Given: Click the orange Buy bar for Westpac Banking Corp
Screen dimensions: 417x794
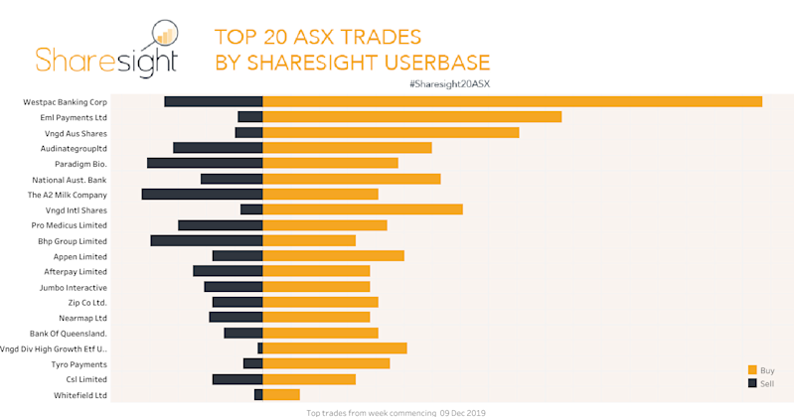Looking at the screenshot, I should point(512,101).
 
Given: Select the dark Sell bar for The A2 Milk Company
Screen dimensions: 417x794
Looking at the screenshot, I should point(202,195).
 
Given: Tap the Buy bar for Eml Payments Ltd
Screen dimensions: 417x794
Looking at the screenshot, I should point(411,117).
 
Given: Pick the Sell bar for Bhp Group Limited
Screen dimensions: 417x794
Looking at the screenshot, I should point(207,240).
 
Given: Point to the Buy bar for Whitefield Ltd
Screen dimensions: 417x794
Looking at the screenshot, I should point(281,395).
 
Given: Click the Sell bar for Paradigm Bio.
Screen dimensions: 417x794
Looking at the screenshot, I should point(205,163).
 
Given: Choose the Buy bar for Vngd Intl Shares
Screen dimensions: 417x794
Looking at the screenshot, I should point(363,209).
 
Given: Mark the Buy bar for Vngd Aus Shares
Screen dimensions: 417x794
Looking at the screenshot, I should point(391,132).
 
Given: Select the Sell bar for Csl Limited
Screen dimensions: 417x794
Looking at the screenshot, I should point(238,379).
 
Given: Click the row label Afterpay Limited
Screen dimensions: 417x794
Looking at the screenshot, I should point(76,272).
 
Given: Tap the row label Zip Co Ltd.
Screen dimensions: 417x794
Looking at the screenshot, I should point(86,303).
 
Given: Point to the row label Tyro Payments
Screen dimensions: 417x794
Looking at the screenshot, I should point(79,364).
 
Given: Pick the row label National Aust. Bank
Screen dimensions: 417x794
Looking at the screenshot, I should point(70,180).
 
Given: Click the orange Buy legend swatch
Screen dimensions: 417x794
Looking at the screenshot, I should point(752,369).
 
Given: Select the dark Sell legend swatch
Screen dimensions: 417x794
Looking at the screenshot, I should point(752,382).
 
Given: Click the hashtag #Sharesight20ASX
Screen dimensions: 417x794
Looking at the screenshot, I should point(449,83).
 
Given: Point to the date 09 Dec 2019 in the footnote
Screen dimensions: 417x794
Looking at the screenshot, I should point(464,412).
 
